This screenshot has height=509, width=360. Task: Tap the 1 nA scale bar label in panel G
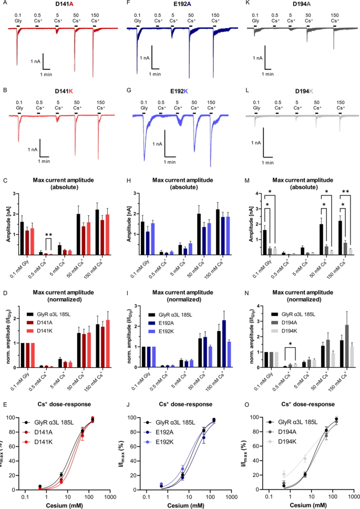point(156,144)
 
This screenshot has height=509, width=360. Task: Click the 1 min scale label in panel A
point(50,75)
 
